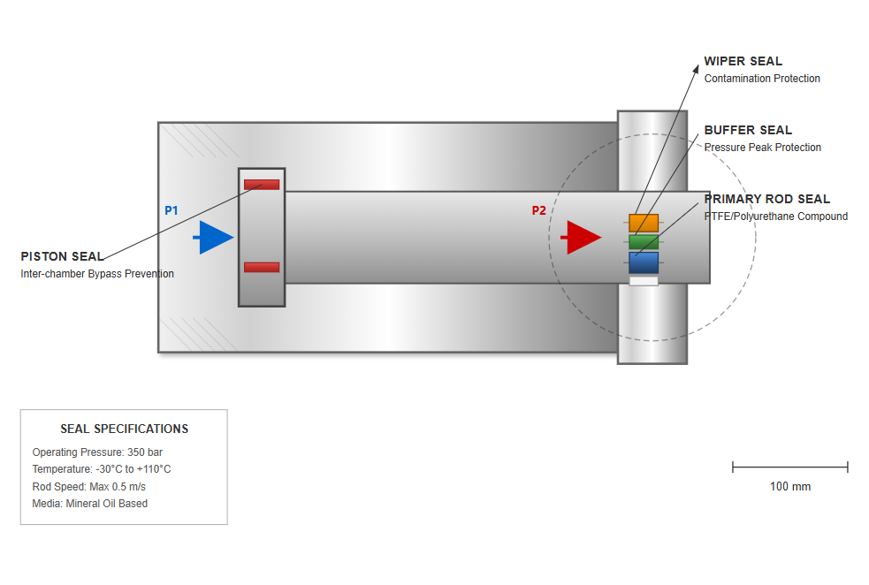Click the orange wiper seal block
click(x=644, y=223)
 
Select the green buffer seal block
click(x=644, y=241)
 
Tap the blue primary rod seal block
click(x=644, y=262)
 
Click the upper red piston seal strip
click(x=262, y=185)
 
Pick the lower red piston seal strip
click(x=262, y=267)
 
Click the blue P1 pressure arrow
click(x=214, y=238)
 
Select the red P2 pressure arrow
click(x=582, y=238)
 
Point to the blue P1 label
click(x=172, y=210)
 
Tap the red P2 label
click(x=539, y=210)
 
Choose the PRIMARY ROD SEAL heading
click(x=767, y=200)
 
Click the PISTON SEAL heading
click(x=62, y=256)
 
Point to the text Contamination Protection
click(x=762, y=79)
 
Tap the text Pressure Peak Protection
click(x=763, y=148)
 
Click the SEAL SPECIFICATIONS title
click(x=124, y=429)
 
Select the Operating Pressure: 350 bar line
click(x=97, y=452)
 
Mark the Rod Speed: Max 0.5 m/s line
click(x=89, y=487)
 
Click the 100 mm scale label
click(x=790, y=487)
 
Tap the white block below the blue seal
click(x=644, y=281)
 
